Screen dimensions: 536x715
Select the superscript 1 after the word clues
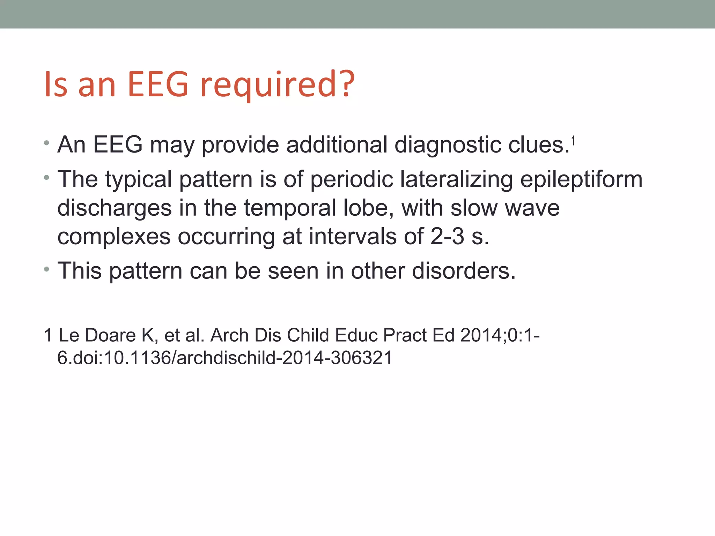[x=573, y=141]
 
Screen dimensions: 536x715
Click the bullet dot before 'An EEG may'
[x=47, y=143]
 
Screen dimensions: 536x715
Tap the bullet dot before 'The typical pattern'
[x=47, y=178]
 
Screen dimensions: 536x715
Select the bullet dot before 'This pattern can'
[x=47, y=270]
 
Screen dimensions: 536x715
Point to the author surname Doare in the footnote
[x=110, y=335]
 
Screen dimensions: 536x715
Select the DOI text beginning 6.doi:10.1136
[x=225, y=358]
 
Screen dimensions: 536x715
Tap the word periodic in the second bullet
[x=351, y=180]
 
